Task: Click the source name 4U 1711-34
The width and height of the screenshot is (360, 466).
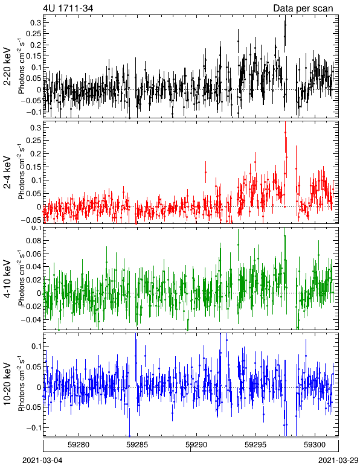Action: click(68, 8)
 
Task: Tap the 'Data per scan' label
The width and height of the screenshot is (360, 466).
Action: click(303, 8)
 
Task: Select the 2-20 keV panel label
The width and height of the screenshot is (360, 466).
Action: click(7, 66)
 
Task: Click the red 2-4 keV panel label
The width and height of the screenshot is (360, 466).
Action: click(7, 173)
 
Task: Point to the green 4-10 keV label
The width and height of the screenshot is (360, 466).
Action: click(7, 278)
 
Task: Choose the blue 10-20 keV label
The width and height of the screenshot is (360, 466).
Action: click(7, 384)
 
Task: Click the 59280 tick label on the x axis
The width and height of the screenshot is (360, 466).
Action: click(79, 445)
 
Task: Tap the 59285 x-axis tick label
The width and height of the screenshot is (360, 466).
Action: click(137, 445)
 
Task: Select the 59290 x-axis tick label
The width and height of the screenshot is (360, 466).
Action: click(196, 445)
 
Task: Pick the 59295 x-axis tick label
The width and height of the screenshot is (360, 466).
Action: click(256, 445)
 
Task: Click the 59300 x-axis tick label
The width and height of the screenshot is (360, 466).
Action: click(315, 445)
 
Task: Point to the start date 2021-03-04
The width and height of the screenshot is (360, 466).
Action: click(42, 460)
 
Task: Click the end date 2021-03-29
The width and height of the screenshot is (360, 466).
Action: click(338, 460)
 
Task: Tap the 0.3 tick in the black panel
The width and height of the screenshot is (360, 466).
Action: click(36, 22)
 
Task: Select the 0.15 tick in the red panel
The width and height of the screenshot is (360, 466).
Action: click(34, 167)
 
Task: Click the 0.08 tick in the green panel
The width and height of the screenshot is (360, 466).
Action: click(34, 240)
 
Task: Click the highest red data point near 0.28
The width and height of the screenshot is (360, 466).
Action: click(285, 132)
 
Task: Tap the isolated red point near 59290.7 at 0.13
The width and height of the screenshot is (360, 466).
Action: click(205, 172)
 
